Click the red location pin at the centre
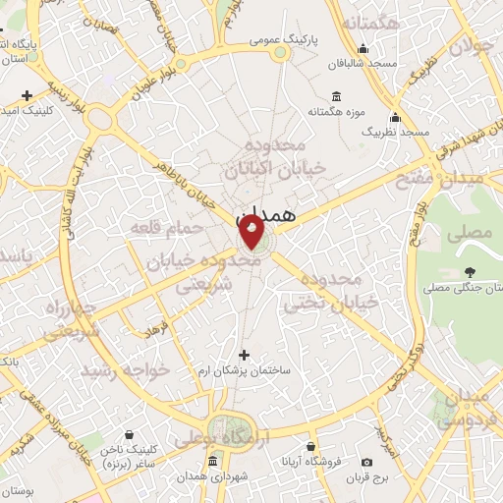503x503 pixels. tap(251, 233)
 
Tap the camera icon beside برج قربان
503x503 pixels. tap(367, 462)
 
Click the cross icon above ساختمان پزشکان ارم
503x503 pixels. tap(245, 355)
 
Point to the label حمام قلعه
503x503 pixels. tap(166, 228)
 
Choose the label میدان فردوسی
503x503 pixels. tap(466, 409)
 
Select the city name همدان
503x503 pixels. tap(266, 213)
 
